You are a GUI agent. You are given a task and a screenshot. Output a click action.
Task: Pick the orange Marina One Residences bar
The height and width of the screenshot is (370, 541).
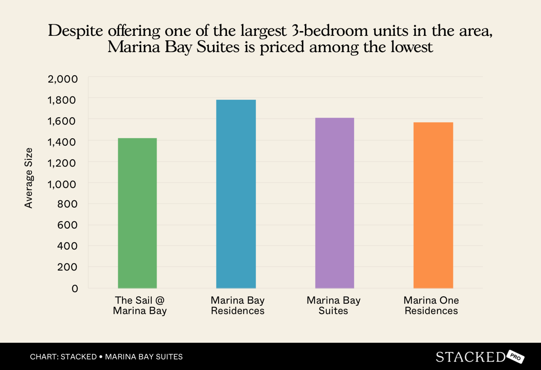pos(433,205)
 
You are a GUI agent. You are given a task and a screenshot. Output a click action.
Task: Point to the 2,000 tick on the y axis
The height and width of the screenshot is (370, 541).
pos(63,79)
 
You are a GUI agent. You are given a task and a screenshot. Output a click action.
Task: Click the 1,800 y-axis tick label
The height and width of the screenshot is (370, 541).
pos(62,100)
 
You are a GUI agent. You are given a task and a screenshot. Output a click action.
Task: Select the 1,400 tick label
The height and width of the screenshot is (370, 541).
pos(62,142)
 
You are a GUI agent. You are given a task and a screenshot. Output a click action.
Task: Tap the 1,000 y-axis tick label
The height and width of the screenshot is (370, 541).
pos(62,184)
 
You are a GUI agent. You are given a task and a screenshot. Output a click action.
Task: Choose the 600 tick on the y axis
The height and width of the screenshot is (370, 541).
pos(67,225)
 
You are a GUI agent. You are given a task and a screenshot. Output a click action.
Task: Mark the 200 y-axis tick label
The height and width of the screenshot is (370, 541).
pos(67,267)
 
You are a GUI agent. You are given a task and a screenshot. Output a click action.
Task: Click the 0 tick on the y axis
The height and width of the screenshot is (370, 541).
pos(75,289)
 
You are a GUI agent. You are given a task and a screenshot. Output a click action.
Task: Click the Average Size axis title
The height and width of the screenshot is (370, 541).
pos(29,178)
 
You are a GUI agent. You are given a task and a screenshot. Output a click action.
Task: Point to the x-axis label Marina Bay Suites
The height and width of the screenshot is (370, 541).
pos(334,305)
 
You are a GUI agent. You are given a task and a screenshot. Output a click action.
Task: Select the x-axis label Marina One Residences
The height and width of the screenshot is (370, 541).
pos(431,305)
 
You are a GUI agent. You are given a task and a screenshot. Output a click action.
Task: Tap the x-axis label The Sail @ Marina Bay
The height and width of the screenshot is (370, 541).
pos(140,305)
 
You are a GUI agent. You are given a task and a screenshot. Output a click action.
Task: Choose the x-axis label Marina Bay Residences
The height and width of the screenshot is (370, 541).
pos(238,305)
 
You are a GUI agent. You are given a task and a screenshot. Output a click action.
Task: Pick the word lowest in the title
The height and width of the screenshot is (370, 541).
pos(411,47)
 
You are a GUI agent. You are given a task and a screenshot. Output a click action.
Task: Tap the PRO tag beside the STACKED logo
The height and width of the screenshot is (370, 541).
pos(515,357)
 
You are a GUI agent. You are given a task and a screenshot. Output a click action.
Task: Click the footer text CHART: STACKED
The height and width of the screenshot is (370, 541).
pos(63,357)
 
